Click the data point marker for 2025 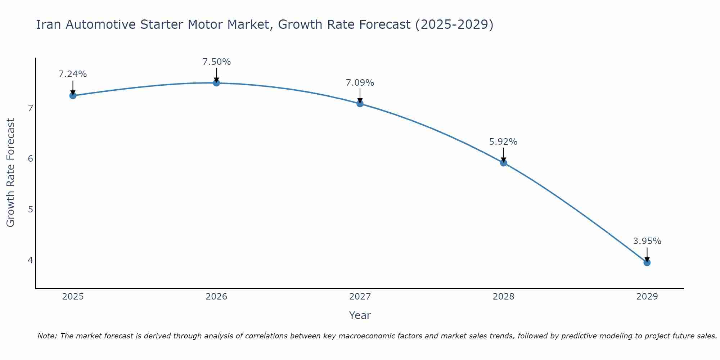tap(73, 95)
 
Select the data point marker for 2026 tap(216, 83)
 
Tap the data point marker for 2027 tap(360, 104)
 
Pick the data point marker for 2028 tap(504, 163)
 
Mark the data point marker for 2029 tap(647, 263)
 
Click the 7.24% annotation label tap(73, 74)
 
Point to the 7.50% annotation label tap(216, 62)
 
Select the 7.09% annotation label tap(360, 83)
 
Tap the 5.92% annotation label tap(503, 142)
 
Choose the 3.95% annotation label tap(647, 241)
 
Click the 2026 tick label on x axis tap(216, 297)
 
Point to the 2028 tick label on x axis tap(504, 297)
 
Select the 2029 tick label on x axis tap(647, 297)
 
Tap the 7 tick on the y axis tap(31, 108)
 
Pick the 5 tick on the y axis tap(31, 209)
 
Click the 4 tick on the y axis tap(31, 260)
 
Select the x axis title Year tap(360, 315)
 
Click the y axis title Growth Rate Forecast tap(11, 173)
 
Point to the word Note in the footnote tap(47, 336)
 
